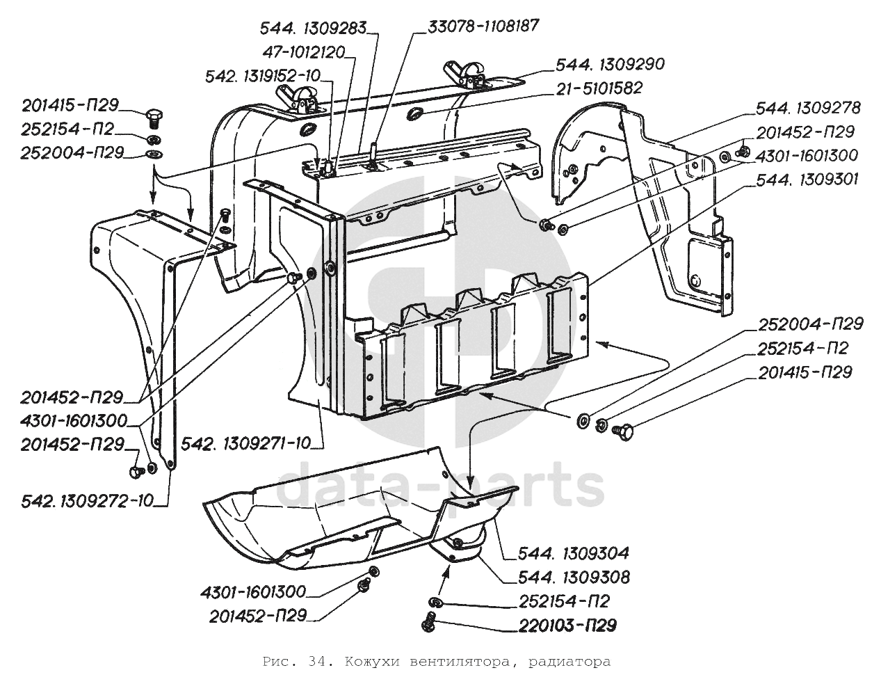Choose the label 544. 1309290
[610, 64]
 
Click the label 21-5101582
[598, 88]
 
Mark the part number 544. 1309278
[807, 108]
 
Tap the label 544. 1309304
[574, 553]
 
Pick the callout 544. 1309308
[574, 577]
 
